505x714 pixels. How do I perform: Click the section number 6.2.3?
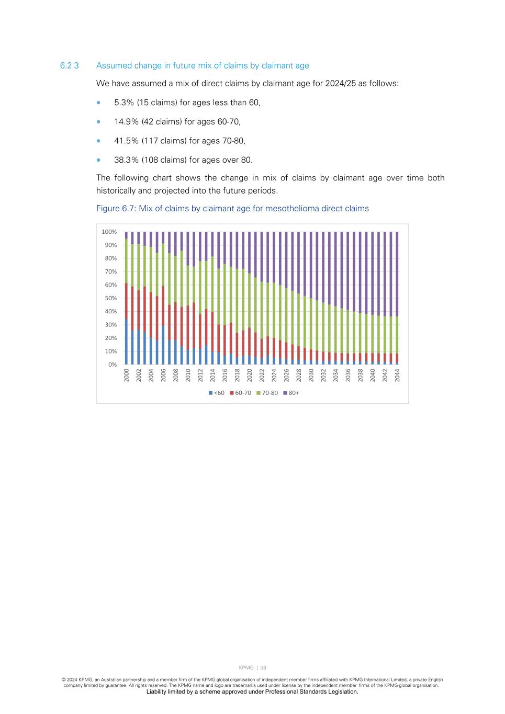click(x=69, y=65)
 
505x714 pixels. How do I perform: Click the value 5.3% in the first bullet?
click(x=124, y=103)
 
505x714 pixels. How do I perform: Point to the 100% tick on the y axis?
click(x=109, y=232)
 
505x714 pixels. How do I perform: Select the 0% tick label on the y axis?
click(x=112, y=365)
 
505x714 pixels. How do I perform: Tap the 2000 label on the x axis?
click(x=127, y=375)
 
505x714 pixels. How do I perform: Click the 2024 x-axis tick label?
click(x=274, y=375)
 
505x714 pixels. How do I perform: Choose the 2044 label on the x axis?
click(x=397, y=375)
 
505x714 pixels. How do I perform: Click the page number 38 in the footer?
click(x=263, y=667)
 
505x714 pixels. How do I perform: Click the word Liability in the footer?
click(x=156, y=692)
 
